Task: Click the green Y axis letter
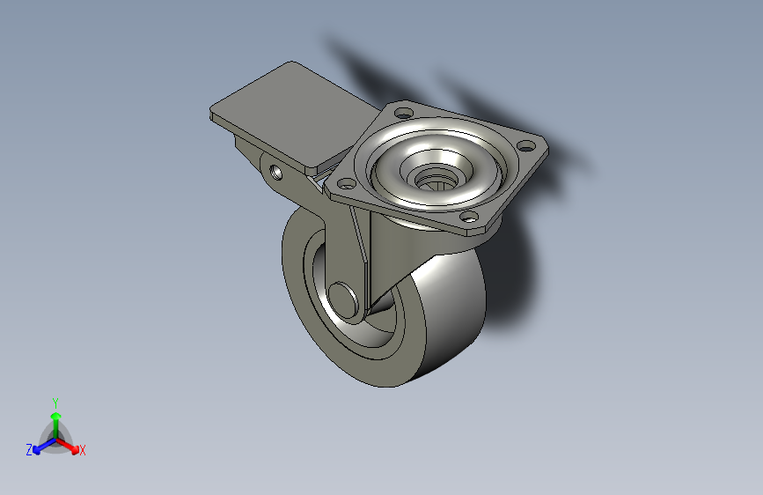coord(55,401)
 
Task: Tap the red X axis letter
coord(83,451)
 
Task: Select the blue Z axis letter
coord(29,450)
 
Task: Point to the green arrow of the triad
coord(55,419)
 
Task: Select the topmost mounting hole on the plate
coord(403,114)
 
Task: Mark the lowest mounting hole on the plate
coord(469,217)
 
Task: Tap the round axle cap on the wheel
coord(345,300)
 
